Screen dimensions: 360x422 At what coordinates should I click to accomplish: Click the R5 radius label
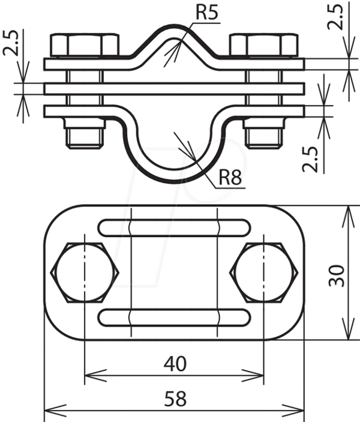coord(206,13)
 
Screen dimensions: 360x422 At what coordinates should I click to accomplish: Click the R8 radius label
coord(230,177)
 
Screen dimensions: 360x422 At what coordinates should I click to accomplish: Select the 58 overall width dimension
coord(175,399)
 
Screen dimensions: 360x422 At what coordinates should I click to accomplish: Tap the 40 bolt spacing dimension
coord(175,364)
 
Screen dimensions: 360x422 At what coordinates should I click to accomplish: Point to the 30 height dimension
coord(337,276)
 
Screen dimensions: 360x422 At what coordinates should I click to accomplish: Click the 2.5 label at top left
coord(11,43)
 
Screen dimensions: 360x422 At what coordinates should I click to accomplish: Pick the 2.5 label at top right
coord(335,17)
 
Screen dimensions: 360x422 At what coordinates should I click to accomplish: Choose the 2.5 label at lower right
coord(310,159)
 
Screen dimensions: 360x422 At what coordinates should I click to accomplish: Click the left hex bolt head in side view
coord(85,45)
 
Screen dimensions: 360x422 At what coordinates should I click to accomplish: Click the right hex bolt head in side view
coord(263,45)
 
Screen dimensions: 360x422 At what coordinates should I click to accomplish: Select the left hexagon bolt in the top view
coord(85,273)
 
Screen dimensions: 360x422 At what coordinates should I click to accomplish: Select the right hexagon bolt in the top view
coord(263,273)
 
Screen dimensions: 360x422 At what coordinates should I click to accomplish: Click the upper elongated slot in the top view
coord(175,228)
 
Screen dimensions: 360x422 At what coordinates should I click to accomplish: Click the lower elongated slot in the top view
coord(175,318)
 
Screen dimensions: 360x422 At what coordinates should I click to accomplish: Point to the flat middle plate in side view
coord(175,89)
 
